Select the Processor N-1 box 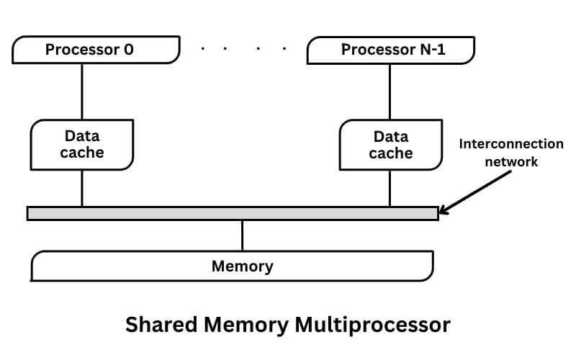point(391,50)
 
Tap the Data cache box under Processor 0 point(83,143)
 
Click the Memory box point(232,266)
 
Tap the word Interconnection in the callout point(511,143)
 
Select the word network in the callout point(511,161)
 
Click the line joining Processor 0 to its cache point(82,91)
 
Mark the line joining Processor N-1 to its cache point(390,91)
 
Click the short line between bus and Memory point(242,235)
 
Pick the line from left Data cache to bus point(82,186)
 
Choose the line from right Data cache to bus point(390,186)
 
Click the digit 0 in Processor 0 point(129,50)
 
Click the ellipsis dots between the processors point(243,48)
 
